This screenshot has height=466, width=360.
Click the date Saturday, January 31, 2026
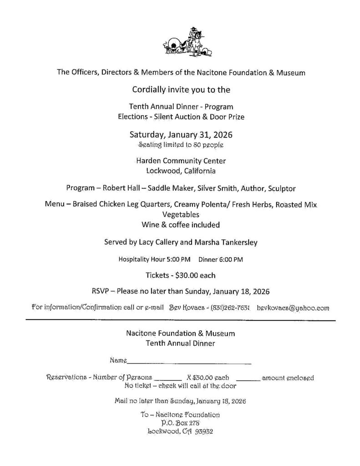coord(180,135)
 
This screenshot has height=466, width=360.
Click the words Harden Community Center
coord(180,161)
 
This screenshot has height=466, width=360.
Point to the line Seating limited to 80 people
coord(180,145)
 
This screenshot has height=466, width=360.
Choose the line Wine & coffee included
coord(180,225)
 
